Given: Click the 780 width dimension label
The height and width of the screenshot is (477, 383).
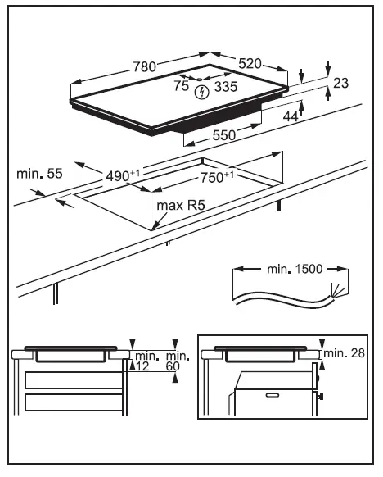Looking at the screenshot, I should pos(144,68).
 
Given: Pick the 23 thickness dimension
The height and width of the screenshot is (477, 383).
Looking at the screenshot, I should pos(341,82).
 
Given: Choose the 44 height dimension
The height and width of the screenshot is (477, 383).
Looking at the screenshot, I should pos(291,117).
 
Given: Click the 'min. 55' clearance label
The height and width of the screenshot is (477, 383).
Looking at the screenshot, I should pos(38,174).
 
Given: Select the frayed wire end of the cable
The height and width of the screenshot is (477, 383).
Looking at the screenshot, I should pos(336,288).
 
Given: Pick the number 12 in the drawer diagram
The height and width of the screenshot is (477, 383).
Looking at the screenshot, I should pos(144,366).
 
